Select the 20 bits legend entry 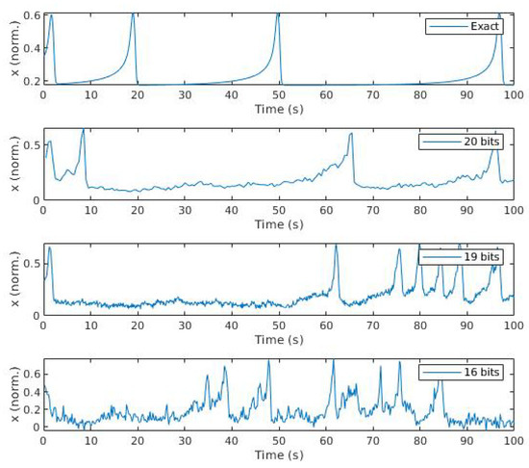466,142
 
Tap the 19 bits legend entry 466,257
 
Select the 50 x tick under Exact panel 278,95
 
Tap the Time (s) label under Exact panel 278,109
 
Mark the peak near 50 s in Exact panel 278,13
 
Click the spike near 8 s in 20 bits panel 83,129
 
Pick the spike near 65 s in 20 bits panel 351,134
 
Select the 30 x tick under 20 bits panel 184,211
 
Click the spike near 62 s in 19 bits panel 336,247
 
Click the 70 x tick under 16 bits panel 372,441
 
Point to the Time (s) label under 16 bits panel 278,455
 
